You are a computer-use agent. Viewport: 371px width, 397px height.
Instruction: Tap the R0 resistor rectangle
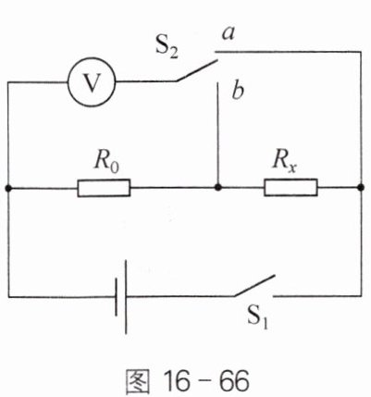pyautogui.click(x=104, y=188)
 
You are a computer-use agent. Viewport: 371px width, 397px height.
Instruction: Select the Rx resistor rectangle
pyautogui.click(x=291, y=187)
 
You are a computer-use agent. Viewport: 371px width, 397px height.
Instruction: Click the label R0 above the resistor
pyautogui.click(x=106, y=161)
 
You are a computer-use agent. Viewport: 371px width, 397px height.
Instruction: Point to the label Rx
pyautogui.click(x=284, y=160)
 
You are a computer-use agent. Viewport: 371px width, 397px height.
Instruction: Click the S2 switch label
pyautogui.click(x=167, y=48)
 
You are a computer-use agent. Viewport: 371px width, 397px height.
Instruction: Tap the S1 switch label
pyautogui.click(x=257, y=317)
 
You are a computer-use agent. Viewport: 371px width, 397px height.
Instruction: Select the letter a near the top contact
pyautogui.click(x=229, y=33)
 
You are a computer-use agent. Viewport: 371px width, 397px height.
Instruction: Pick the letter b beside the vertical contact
pyautogui.click(x=238, y=91)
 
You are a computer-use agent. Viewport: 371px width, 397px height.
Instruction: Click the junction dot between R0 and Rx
pyautogui.click(x=218, y=187)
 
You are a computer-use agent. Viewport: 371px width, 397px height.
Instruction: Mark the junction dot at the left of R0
pyautogui.click(x=8, y=188)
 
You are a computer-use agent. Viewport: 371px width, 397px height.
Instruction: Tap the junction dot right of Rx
pyautogui.click(x=361, y=187)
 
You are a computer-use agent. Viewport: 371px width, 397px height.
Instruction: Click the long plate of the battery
pyautogui.click(x=126, y=297)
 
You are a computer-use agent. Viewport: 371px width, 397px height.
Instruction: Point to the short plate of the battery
pyautogui.click(x=117, y=297)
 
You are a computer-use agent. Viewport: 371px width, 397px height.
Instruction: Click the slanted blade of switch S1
pyautogui.click(x=254, y=286)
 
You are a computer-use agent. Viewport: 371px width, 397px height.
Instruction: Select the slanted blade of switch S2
pyautogui.click(x=197, y=70)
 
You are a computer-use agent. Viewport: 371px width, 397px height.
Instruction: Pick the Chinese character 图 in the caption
pyautogui.click(x=138, y=381)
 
